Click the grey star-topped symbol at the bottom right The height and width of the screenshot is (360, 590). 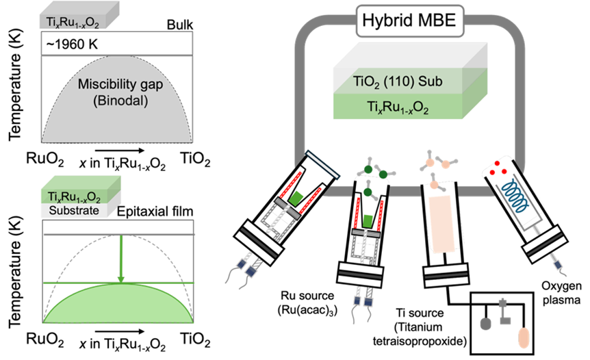[x=505, y=313]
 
